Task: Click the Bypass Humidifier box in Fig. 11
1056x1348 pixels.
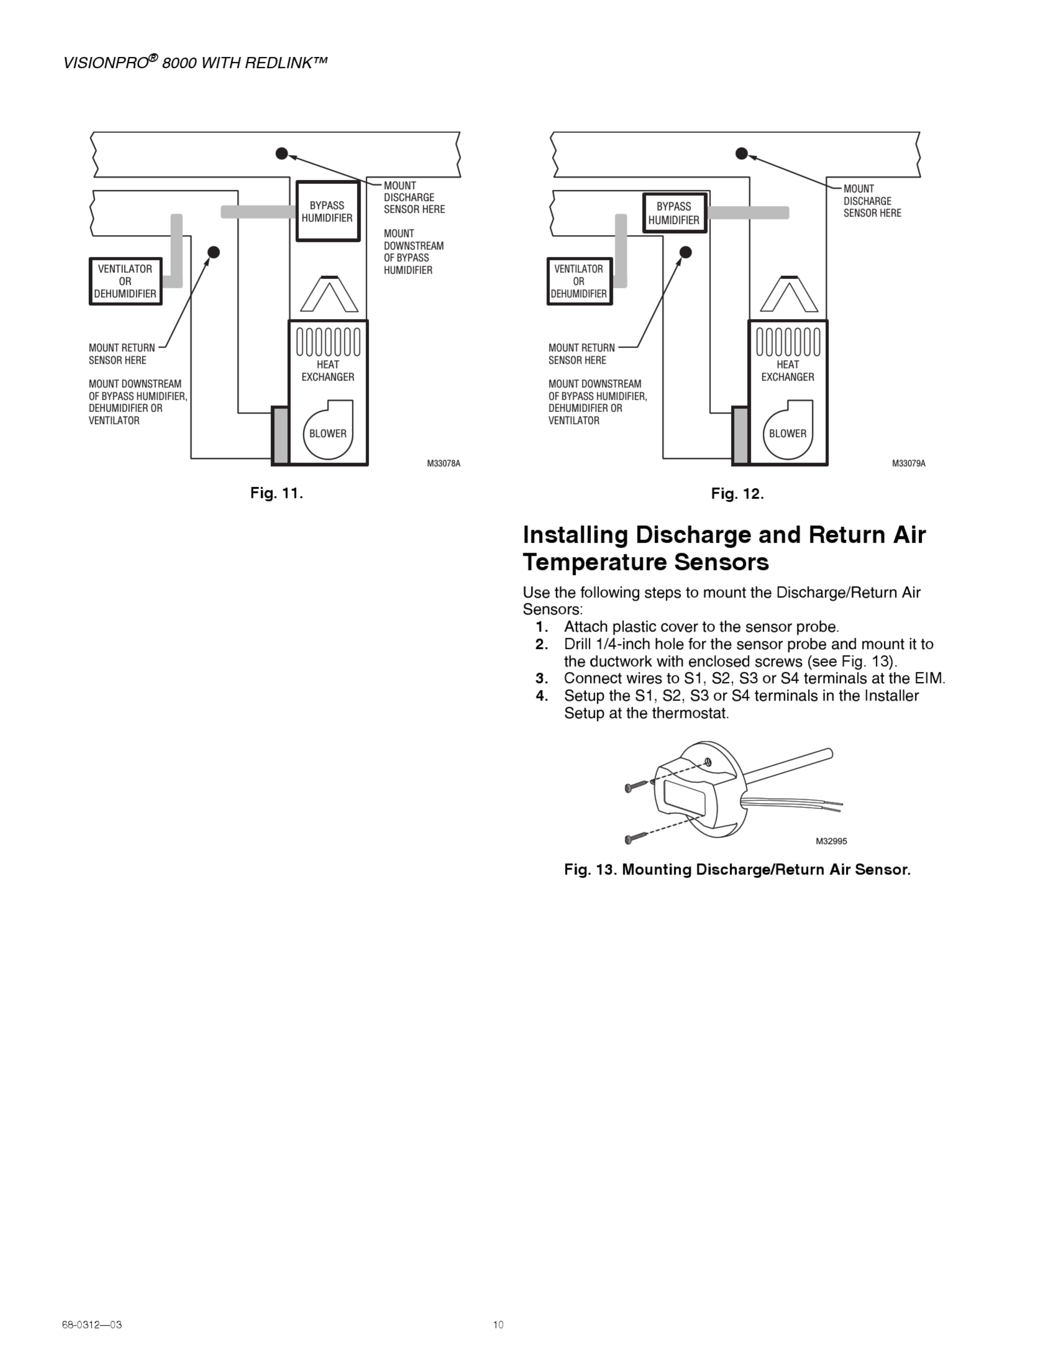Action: (328, 212)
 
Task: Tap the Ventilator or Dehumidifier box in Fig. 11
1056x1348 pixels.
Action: (125, 281)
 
